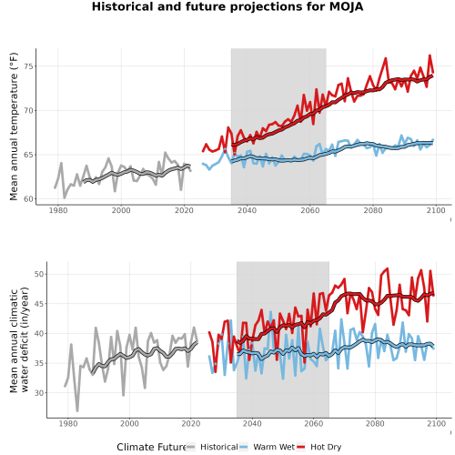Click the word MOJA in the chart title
[346, 6]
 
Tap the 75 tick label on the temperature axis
[28, 66]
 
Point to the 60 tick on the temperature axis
[28, 199]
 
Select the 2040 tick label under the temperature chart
[247, 210]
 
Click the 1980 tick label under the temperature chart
[58, 210]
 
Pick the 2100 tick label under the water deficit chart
[436, 423]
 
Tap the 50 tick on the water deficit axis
[39, 274]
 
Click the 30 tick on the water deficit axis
[39, 393]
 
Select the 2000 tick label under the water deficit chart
[129, 423]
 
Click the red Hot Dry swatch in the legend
[301, 447]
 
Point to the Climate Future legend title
[151, 447]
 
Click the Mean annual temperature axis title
[14, 126]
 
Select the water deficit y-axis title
[19, 339]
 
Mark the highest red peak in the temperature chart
[430, 56]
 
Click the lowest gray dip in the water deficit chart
[77, 411]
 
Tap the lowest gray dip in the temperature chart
[65, 197]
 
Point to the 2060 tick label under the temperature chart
[310, 210]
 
